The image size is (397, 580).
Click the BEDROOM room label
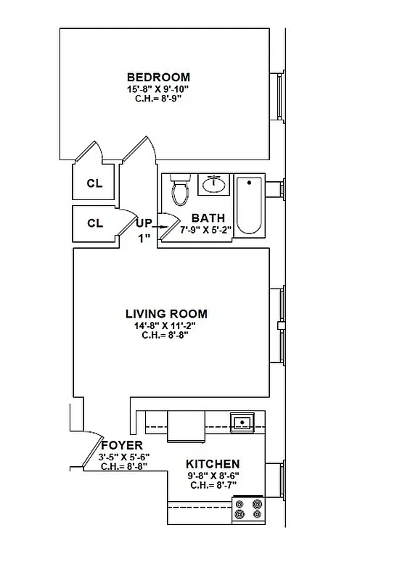click(x=158, y=78)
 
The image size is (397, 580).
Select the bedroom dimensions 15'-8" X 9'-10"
click(x=158, y=89)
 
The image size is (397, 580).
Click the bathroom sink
click(x=214, y=184)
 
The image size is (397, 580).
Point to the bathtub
click(x=250, y=205)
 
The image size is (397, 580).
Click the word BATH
click(x=208, y=218)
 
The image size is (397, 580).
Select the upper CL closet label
click(x=94, y=183)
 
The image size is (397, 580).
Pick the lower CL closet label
click(x=94, y=223)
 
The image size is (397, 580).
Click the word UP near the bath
click(x=144, y=223)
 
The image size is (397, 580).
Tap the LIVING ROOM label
click(x=166, y=314)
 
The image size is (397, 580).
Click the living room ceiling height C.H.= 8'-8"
click(x=166, y=336)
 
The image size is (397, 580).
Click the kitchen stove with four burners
click(x=247, y=510)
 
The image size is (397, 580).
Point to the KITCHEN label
click(x=213, y=464)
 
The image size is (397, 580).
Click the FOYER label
click(x=121, y=445)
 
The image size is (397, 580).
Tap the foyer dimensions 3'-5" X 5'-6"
click(x=123, y=457)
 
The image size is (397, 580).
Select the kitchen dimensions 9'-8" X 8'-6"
click(x=213, y=476)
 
